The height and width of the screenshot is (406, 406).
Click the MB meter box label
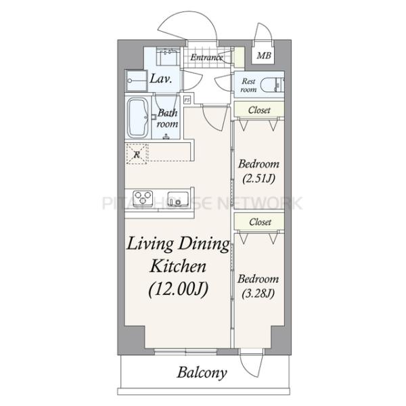click(x=264, y=55)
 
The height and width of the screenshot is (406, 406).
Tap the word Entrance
click(x=206, y=58)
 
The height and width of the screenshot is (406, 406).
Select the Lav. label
click(x=161, y=78)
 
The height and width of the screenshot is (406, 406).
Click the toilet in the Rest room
click(x=272, y=85)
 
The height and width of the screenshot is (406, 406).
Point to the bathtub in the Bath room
click(x=138, y=118)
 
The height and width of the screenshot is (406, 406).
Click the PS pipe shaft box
click(x=187, y=99)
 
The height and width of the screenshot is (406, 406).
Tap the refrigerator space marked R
click(x=137, y=154)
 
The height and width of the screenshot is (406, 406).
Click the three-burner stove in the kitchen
click(x=142, y=198)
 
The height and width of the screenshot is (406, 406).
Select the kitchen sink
click(x=177, y=198)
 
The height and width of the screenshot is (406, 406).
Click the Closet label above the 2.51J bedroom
click(x=259, y=110)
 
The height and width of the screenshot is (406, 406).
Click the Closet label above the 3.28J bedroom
click(x=261, y=222)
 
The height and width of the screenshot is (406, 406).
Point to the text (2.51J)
click(x=258, y=179)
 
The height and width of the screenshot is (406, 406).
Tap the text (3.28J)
click(x=258, y=294)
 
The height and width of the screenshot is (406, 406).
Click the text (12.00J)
click(x=179, y=289)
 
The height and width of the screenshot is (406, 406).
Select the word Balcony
click(x=202, y=373)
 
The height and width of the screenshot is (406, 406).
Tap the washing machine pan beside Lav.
click(x=136, y=81)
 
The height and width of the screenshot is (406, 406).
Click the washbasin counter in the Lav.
click(x=168, y=56)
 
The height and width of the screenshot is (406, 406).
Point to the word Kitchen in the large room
click(x=178, y=266)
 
